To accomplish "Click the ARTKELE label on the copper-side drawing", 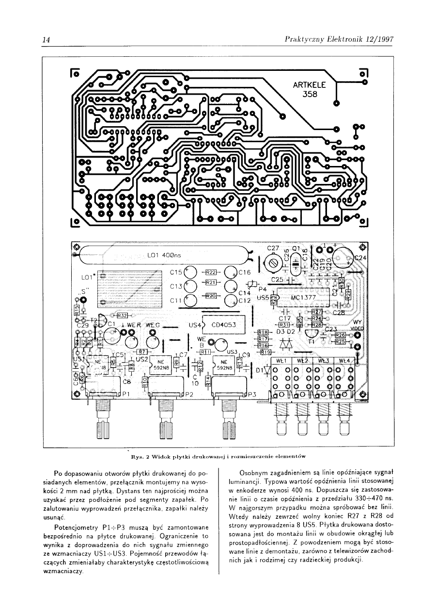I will (310, 85).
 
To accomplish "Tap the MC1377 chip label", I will (303, 297).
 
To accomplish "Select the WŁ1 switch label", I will (282, 361).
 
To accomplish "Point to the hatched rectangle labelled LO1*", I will (129, 289).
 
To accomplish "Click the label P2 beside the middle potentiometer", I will (189, 394).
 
